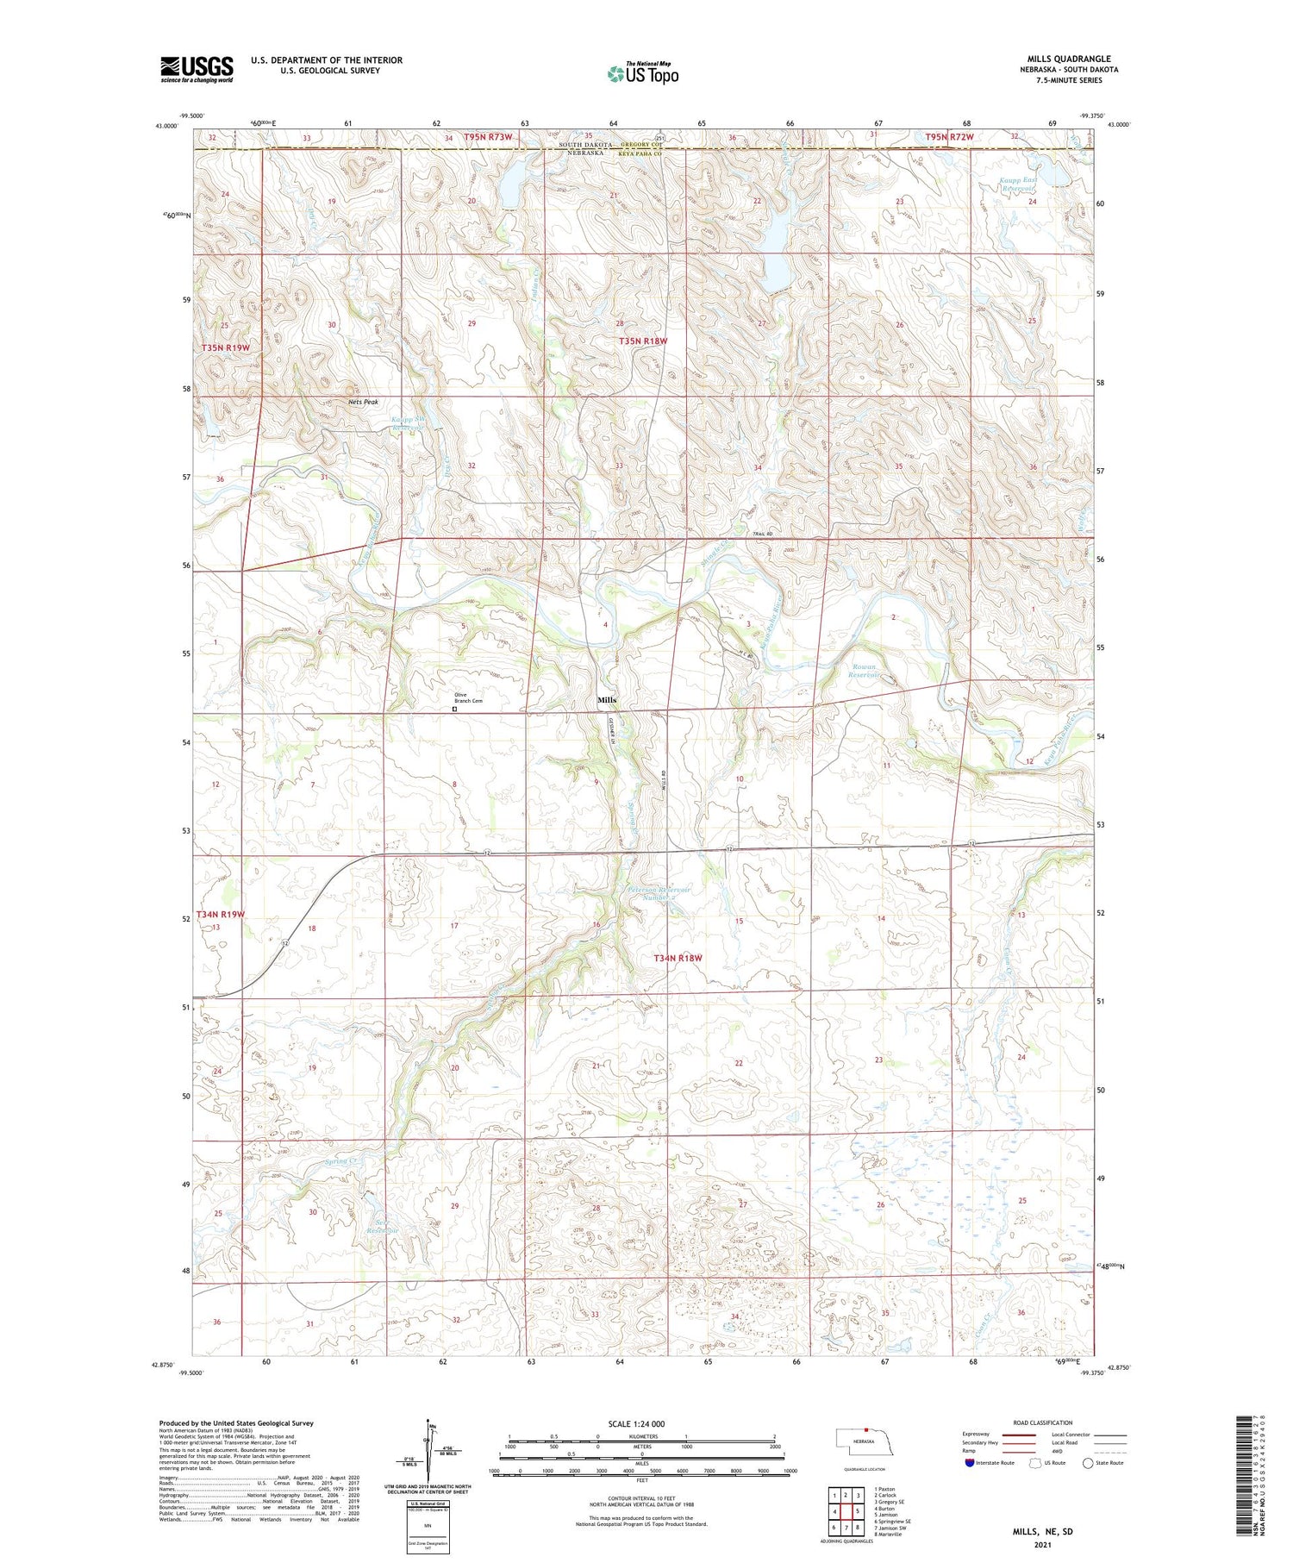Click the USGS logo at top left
coord(197,69)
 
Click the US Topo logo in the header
coord(643,73)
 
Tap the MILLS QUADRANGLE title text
coord(1068,59)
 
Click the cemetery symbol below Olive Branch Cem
coord(455,710)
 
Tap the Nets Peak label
coord(363,402)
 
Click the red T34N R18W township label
coord(678,958)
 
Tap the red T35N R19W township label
coord(225,347)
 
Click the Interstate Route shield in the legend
coord(971,1463)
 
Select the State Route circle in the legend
coord(1089,1463)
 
